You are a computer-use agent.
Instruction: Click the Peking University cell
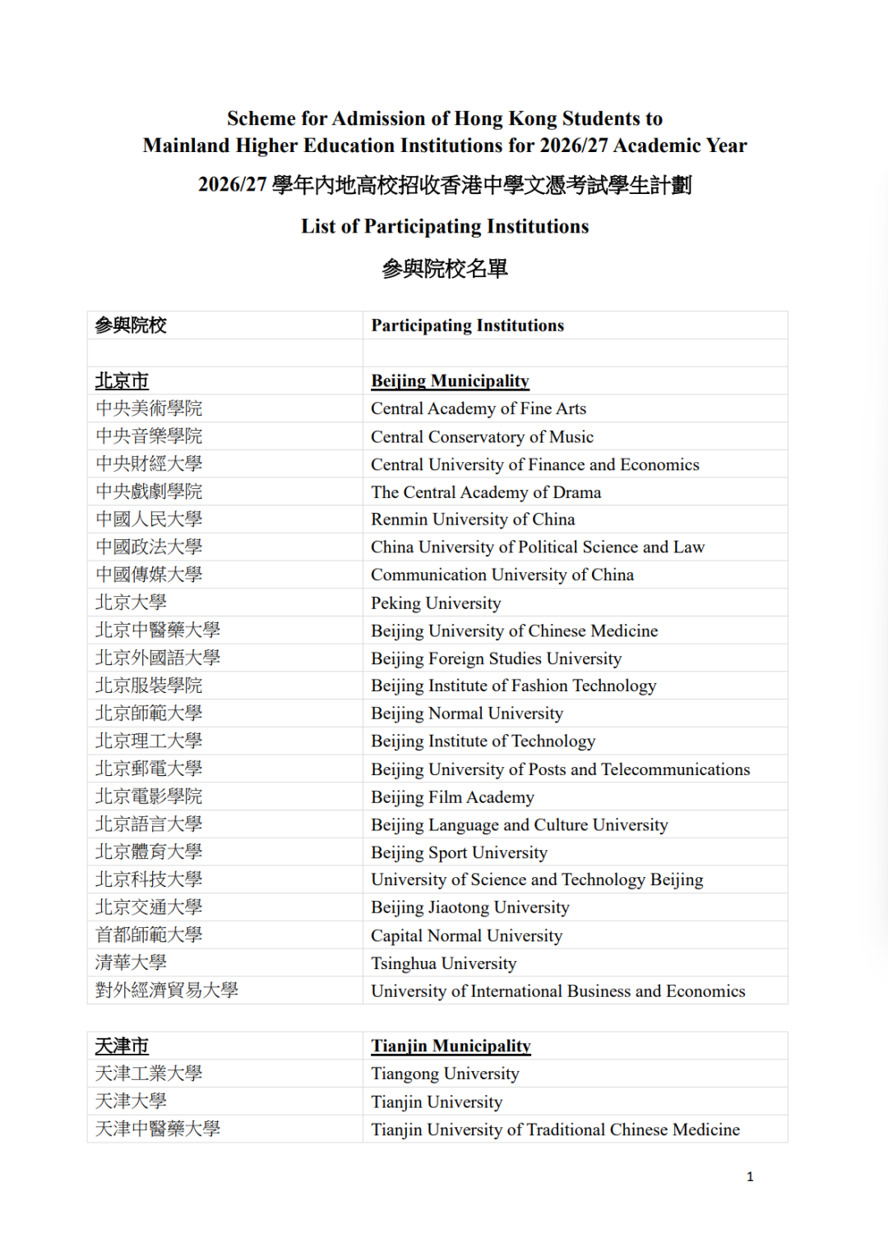[436, 603]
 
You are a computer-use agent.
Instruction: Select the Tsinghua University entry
[443, 963]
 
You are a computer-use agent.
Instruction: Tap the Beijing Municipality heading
[450, 381]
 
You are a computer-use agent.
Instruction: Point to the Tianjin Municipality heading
[451, 1046]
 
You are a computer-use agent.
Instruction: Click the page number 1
[750, 1177]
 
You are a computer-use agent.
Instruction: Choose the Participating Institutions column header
[467, 326]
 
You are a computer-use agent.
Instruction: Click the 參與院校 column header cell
[131, 326]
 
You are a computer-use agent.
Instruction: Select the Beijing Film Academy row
[452, 797]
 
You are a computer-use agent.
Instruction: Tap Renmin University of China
[473, 519]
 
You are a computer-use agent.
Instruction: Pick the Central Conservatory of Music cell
[482, 436]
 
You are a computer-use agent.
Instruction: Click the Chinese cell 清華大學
[131, 963]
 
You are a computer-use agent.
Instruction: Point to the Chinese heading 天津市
[122, 1046]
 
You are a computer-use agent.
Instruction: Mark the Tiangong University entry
[445, 1074]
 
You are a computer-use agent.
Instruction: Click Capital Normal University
[466, 935]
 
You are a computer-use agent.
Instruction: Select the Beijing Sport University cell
[459, 852]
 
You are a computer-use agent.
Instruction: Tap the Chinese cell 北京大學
[131, 603]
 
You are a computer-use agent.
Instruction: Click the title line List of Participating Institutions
[445, 227]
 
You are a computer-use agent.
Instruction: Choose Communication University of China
[502, 575]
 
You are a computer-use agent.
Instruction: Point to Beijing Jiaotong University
[469, 907]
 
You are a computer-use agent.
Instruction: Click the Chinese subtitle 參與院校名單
[445, 269]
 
